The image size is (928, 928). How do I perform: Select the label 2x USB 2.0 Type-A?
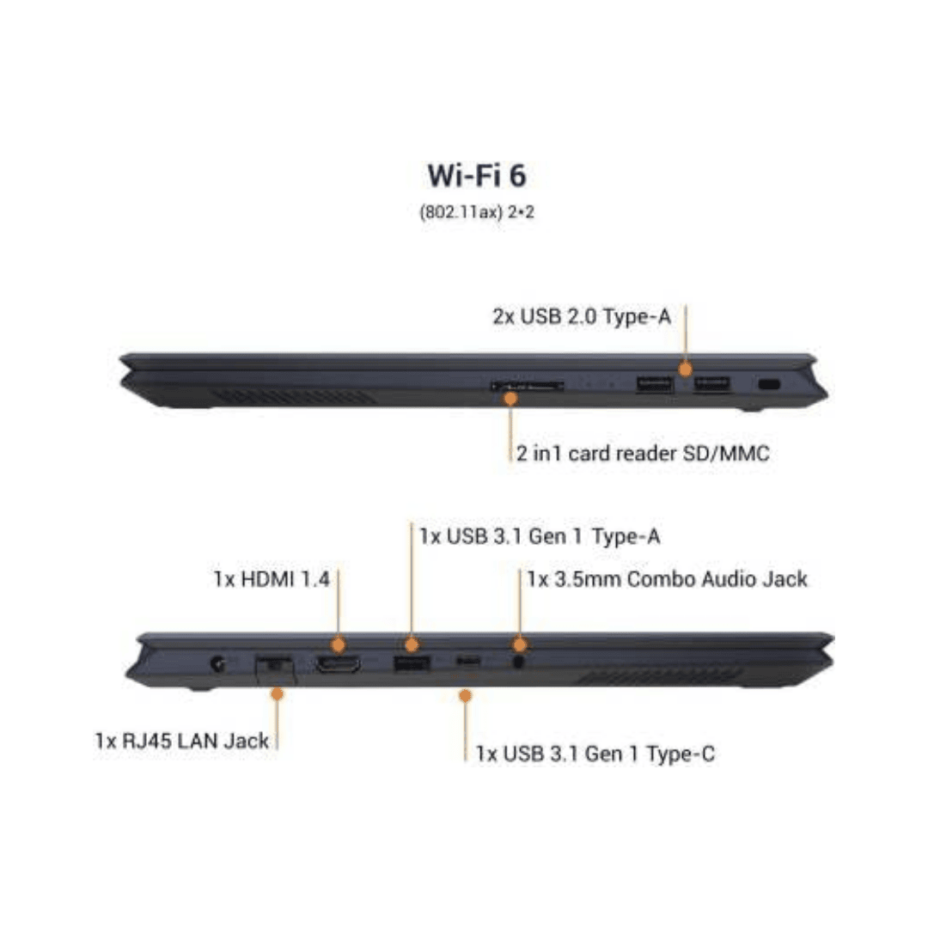pyautogui.click(x=582, y=317)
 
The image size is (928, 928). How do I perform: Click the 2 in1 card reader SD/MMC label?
pyautogui.click(x=642, y=454)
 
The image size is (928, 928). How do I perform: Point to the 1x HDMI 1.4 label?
pyautogui.click(x=272, y=578)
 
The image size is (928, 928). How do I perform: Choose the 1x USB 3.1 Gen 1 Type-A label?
pyautogui.click(x=540, y=536)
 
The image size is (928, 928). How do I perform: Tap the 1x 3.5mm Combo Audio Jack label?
pyautogui.click(x=668, y=578)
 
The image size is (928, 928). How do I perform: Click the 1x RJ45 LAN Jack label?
pyautogui.click(x=182, y=740)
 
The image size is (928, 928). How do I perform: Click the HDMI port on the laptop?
pyautogui.click(x=338, y=663)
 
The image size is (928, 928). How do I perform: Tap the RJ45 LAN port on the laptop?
pyautogui.click(x=275, y=666)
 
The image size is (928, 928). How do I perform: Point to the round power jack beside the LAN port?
pyautogui.click(x=218, y=663)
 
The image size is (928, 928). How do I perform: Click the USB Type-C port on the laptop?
pyautogui.click(x=467, y=661)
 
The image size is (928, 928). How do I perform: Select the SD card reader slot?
pyautogui.click(x=527, y=387)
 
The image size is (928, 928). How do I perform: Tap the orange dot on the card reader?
pyautogui.click(x=510, y=398)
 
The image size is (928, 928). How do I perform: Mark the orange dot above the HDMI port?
pyautogui.click(x=338, y=644)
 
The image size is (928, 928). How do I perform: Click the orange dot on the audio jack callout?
pyautogui.click(x=518, y=644)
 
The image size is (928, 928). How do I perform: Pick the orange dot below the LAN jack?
pyautogui.click(x=276, y=693)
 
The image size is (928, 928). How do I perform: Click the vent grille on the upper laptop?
pyautogui.click(x=294, y=397)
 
